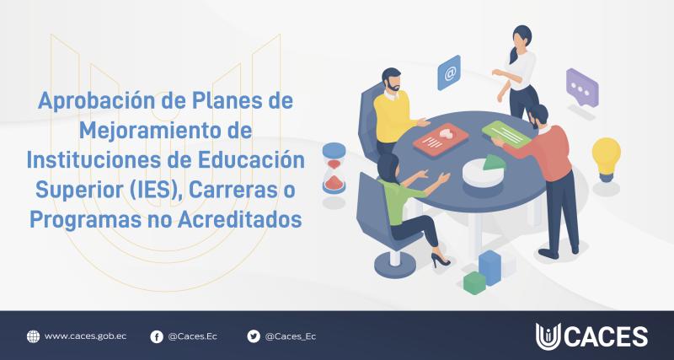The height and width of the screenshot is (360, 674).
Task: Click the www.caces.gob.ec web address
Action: pyautogui.click(x=84, y=336)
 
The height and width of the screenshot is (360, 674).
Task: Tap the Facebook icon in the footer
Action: pyautogui.click(x=157, y=336)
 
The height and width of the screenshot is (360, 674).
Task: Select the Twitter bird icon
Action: pyautogui.click(x=254, y=336)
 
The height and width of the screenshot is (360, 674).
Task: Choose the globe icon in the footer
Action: pyautogui.click(x=33, y=336)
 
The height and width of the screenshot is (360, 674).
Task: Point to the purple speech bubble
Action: pyautogui.click(x=581, y=85)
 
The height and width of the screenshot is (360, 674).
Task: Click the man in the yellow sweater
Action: pyautogui.click(x=391, y=110)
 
